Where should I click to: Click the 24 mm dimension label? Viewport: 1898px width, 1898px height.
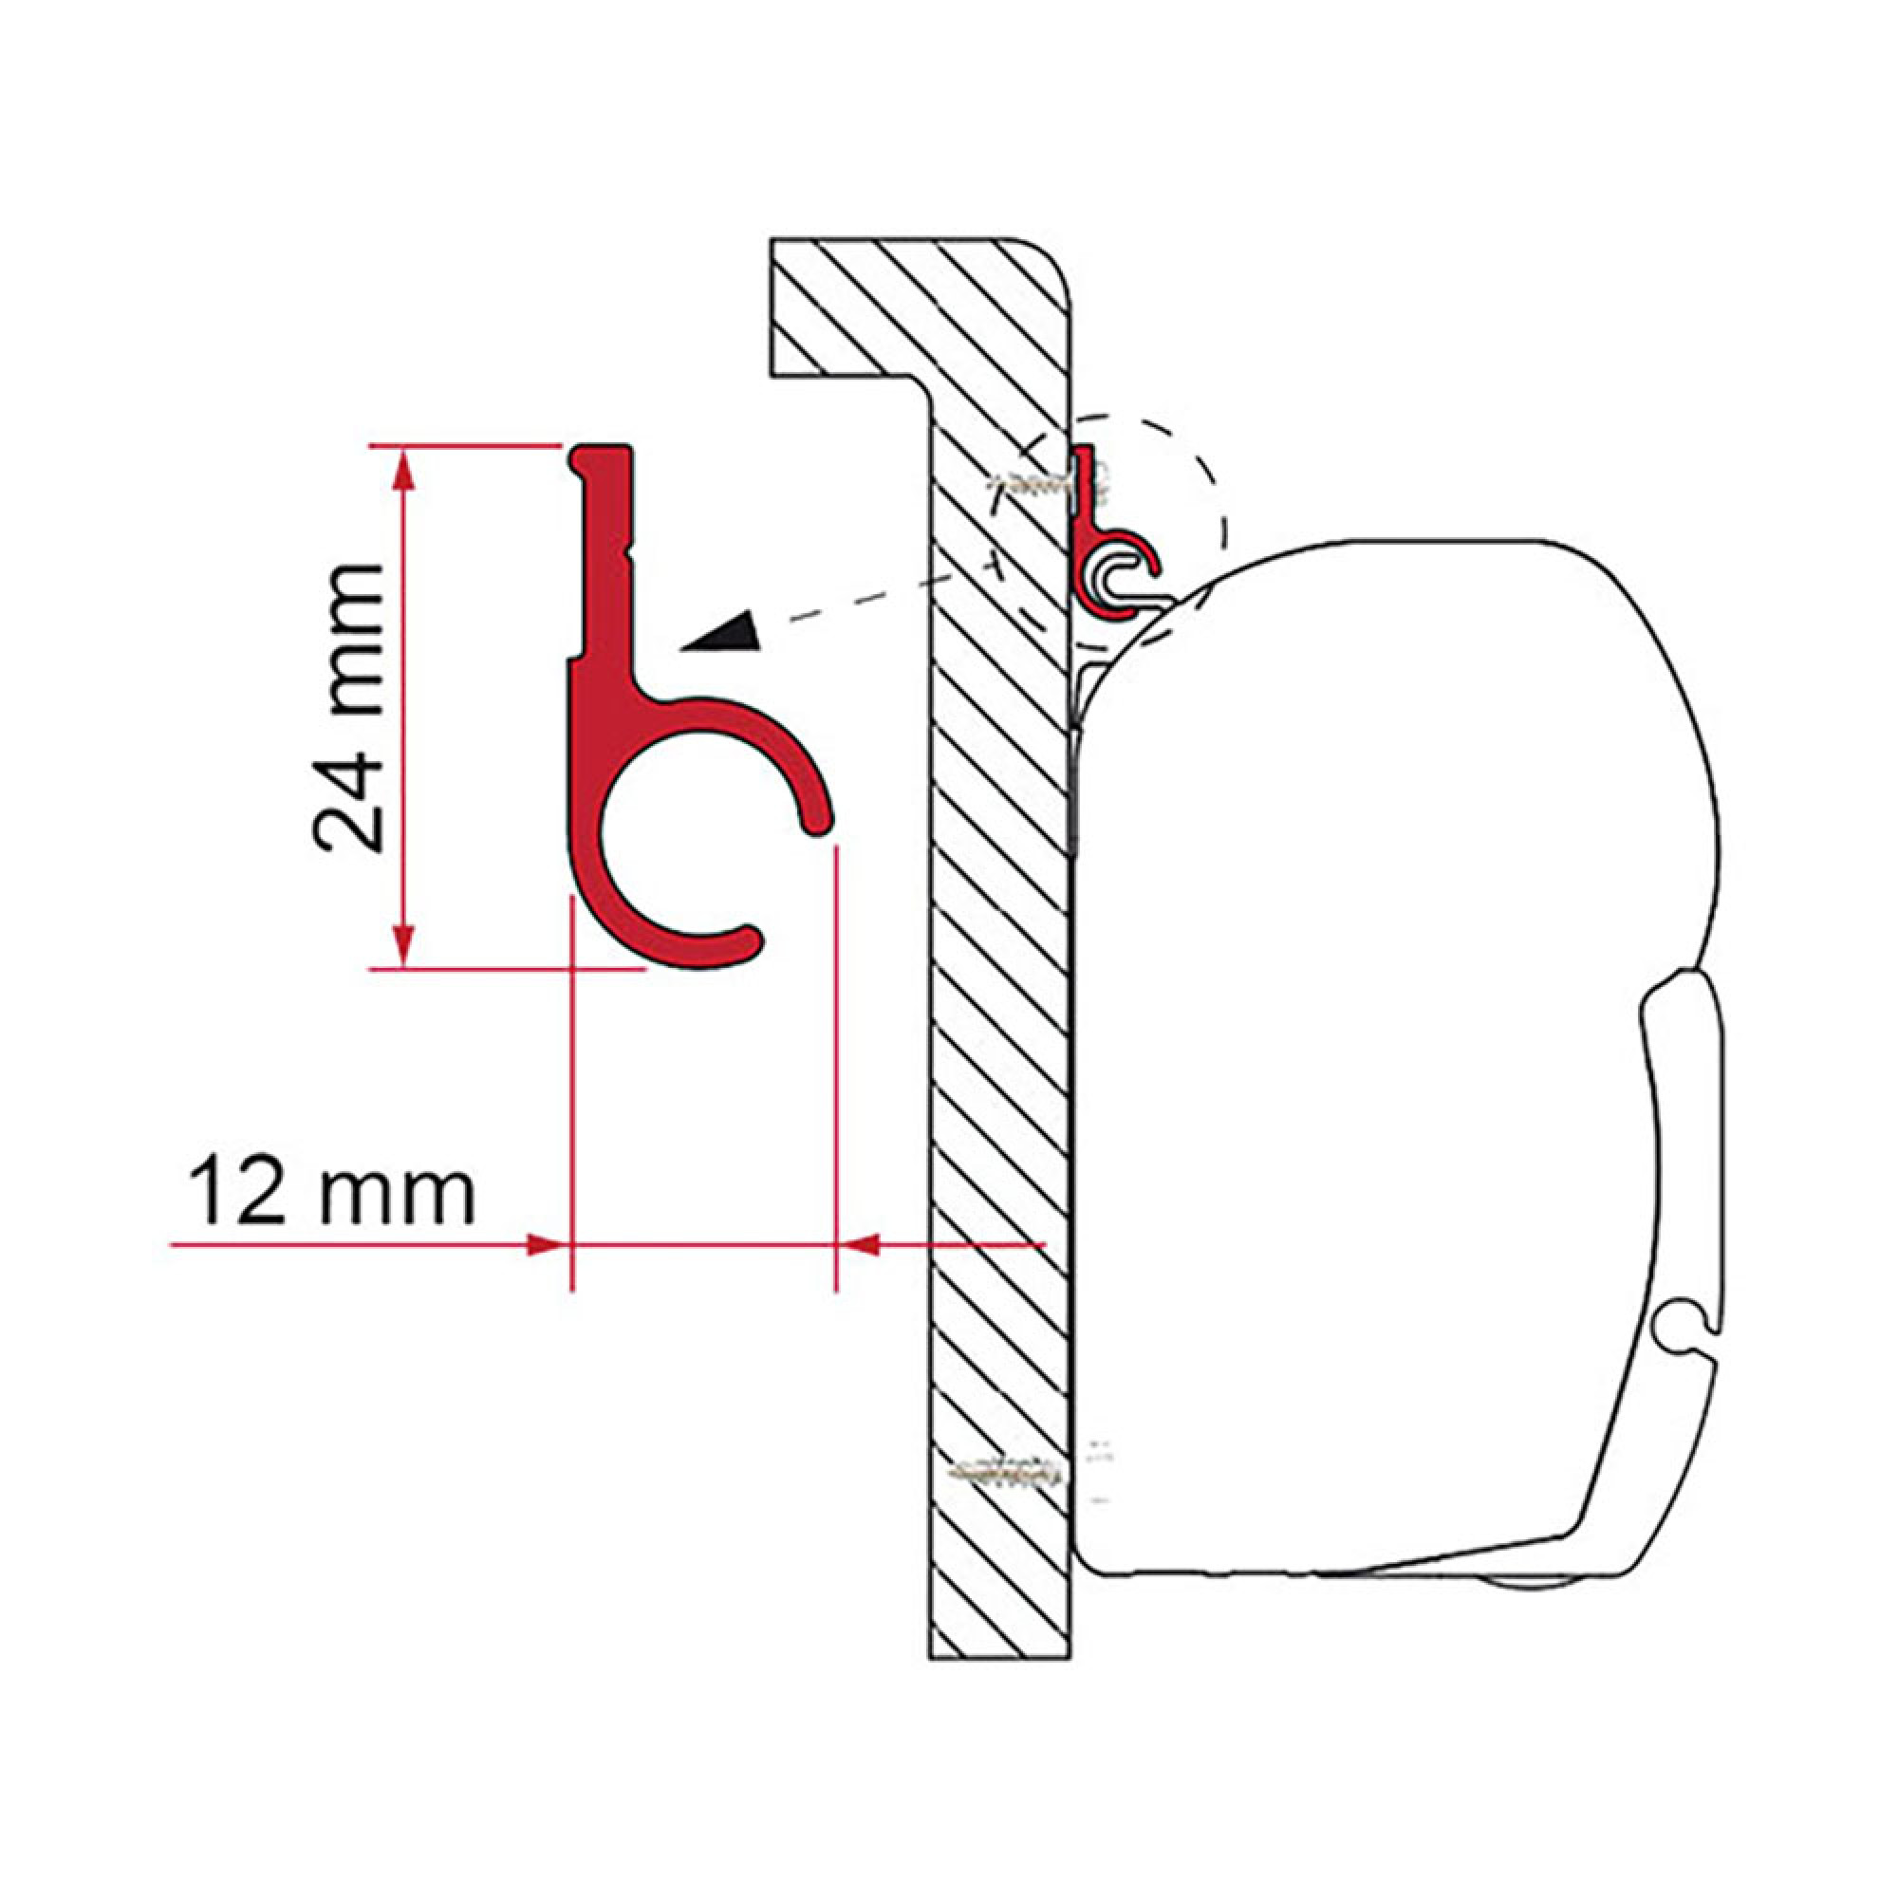point(345,708)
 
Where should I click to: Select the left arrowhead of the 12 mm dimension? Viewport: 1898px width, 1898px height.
point(547,1246)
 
